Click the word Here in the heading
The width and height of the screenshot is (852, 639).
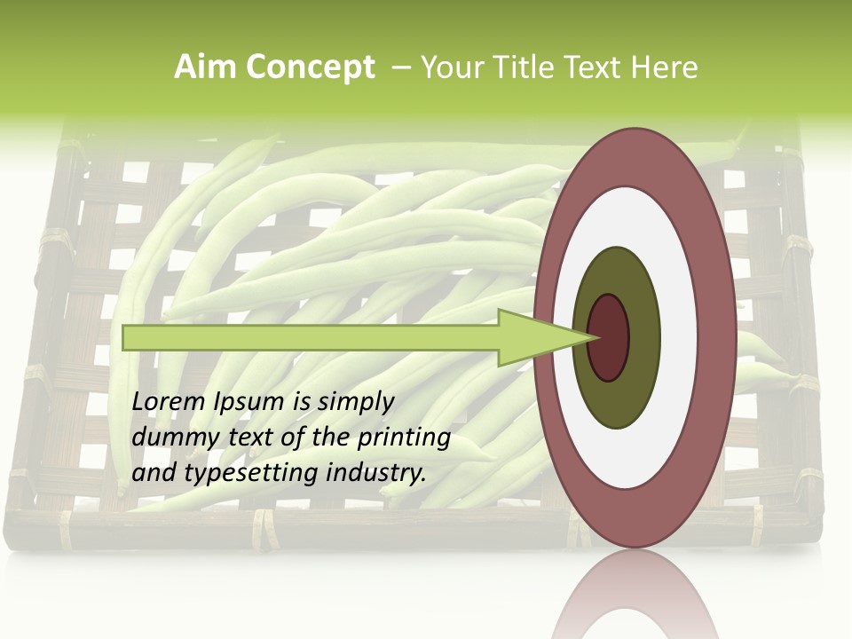pyautogui.click(x=666, y=67)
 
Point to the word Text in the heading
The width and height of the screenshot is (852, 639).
pyautogui.click(x=597, y=67)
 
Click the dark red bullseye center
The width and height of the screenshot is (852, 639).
pyautogui.click(x=609, y=337)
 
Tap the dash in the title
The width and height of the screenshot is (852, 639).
pyautogui.click(x=400, y=67)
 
